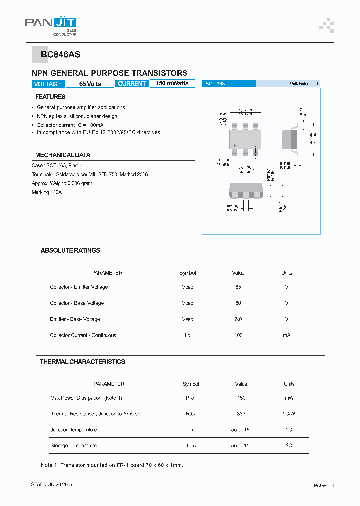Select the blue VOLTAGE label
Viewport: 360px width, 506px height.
point(48,84)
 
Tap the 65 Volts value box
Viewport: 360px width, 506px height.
point(90,84)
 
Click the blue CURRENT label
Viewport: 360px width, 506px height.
point(132,84)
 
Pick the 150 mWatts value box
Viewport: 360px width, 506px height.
point(172,83)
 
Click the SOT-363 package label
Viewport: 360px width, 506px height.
point(215,84)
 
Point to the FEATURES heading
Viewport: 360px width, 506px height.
point(50,97)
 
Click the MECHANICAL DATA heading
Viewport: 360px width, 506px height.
point(63,155)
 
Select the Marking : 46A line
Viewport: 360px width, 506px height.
point(47,192)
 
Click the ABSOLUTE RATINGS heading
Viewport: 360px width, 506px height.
point(70,250)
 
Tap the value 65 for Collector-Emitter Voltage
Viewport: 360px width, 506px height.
point(238,287)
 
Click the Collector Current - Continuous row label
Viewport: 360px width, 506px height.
point(83,335)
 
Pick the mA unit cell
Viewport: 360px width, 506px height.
point(287,335)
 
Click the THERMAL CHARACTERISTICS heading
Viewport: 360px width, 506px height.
point(82,361)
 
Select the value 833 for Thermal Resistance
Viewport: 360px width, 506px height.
point(241,414)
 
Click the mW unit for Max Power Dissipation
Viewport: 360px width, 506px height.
point(289,398)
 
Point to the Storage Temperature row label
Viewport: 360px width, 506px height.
point(73,445)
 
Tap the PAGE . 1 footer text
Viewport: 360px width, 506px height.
point(324,485)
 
